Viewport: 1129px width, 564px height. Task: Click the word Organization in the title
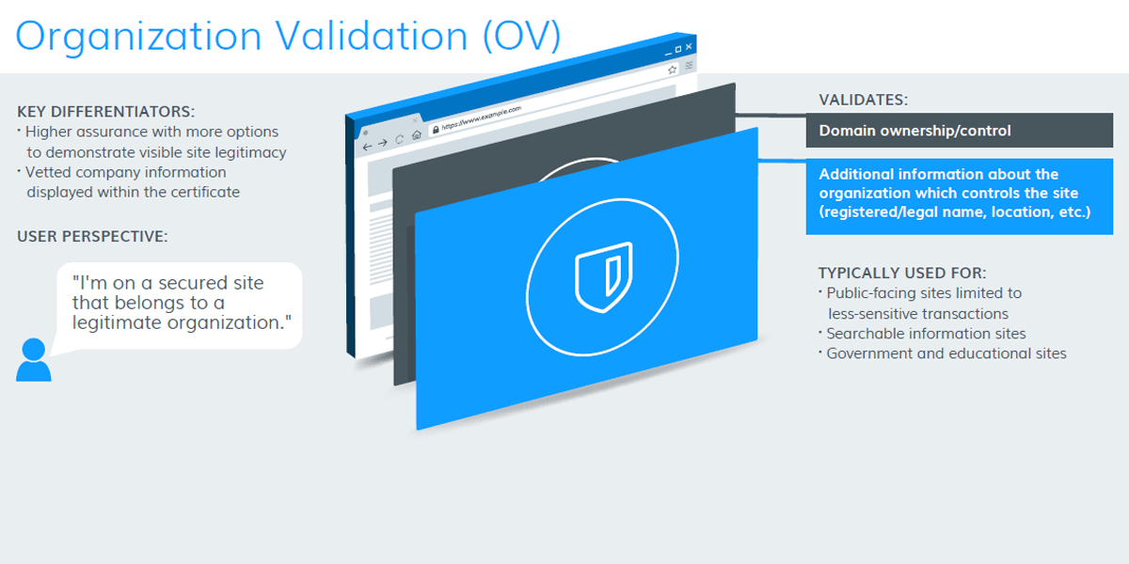[x=138, y=37]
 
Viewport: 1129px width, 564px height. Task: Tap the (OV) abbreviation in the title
[x=521, y=36]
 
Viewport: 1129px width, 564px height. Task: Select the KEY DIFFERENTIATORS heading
[x=105, y=111]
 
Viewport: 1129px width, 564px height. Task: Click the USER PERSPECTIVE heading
[x=92, y=236]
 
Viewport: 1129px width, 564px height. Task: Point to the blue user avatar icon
[x=34, y=359]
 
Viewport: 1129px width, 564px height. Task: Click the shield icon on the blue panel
[x=603, y=277]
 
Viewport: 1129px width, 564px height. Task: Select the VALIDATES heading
[x=863, y=100]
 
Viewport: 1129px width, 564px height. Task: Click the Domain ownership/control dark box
[x=959, y=131]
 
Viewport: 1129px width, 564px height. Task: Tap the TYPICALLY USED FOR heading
[x=902, y=273]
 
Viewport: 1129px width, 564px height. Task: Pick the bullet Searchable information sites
[x=926, y=334]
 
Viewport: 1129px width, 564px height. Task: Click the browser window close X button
[x=689, y=47]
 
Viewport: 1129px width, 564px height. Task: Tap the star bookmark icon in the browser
[x=672, y=70]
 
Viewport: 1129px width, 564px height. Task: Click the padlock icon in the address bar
[x=436, y=130]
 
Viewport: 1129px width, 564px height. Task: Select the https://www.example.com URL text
[x=482, y=117]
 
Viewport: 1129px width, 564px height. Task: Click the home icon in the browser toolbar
[x=416, y=135]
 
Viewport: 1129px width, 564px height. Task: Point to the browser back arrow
[x=367, y=147]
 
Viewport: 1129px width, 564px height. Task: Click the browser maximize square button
[x=678, y=49]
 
